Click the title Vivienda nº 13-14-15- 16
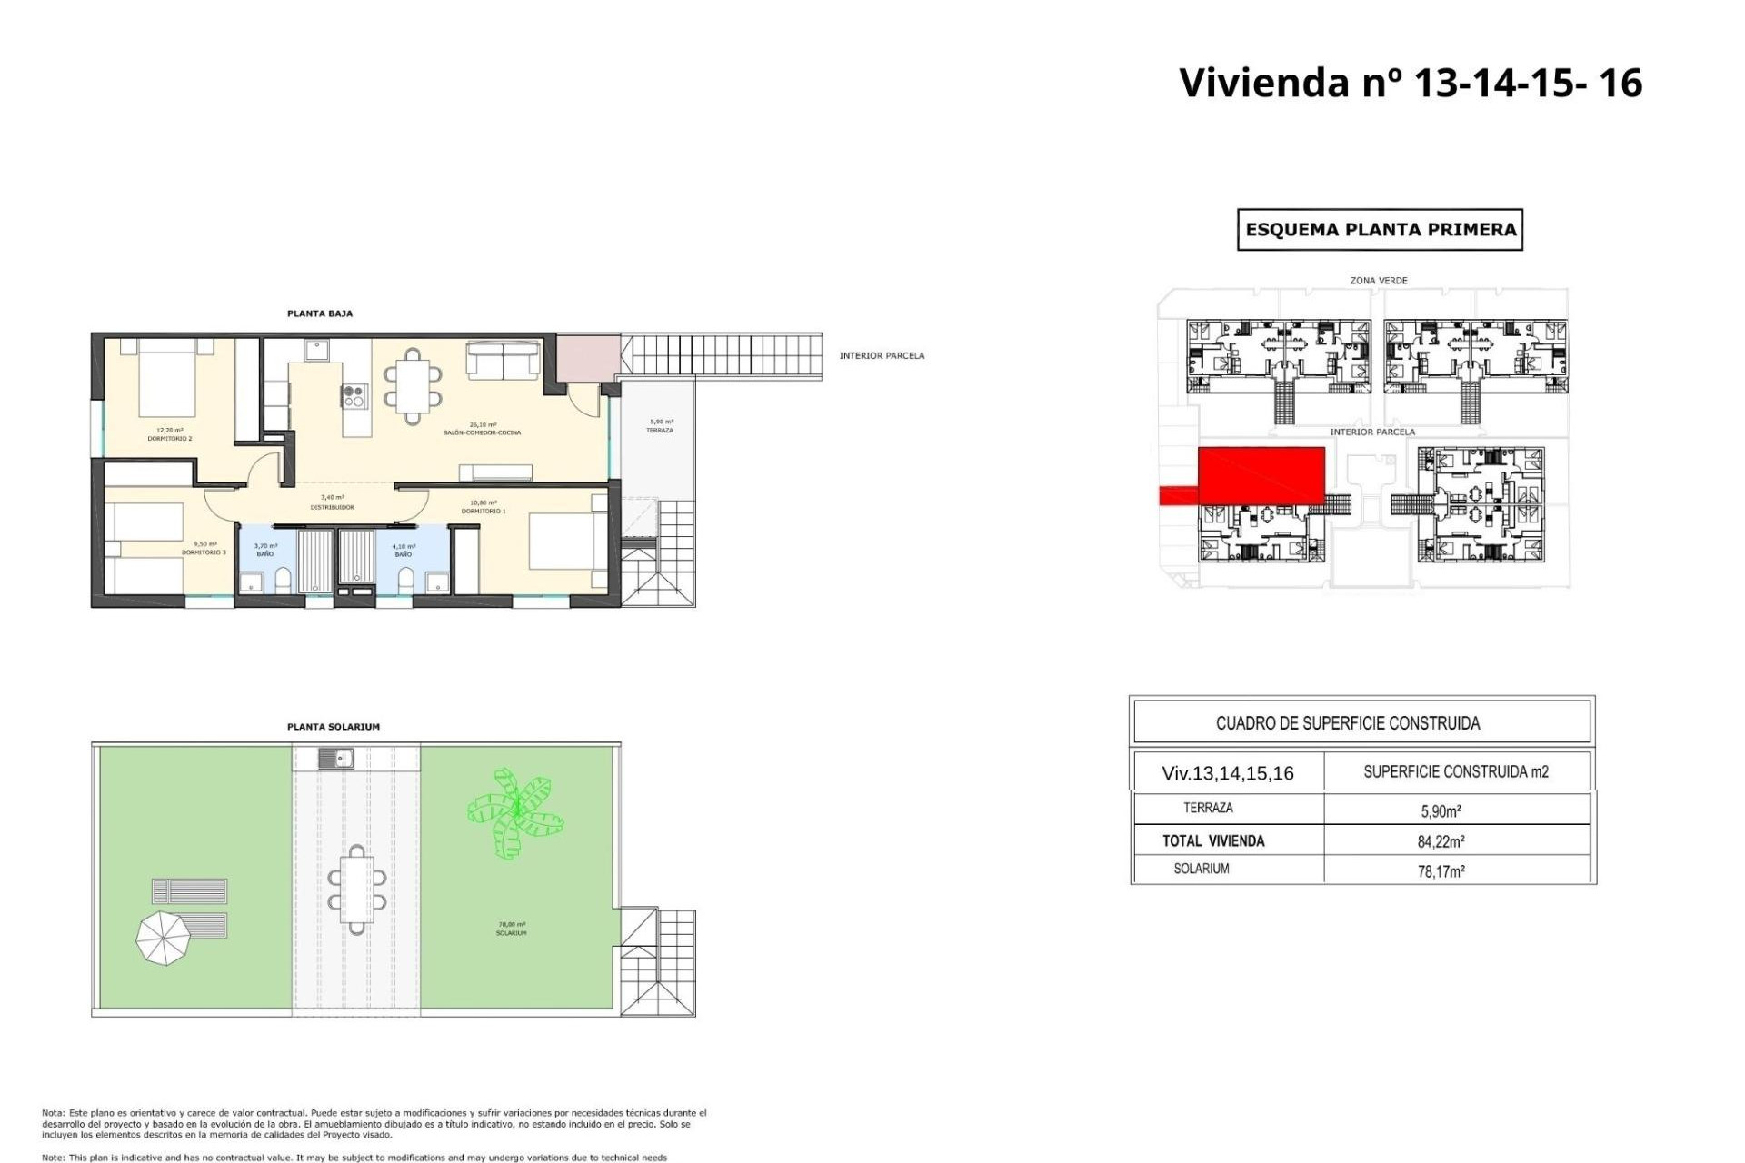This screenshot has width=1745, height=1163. (1410, 83)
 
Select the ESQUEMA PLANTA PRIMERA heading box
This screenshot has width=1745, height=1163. (1380, 230)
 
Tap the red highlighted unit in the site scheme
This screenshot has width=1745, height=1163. (1261, 474)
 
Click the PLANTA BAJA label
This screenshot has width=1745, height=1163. (320, 313)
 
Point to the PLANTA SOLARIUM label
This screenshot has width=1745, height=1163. (334, 727)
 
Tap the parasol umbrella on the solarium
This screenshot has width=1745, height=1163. (164, 938)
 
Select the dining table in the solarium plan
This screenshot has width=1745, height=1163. (357, 890)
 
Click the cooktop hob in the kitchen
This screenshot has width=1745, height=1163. (354, 396)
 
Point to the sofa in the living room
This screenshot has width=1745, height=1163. (503, 359)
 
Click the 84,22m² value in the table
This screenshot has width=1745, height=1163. (1441, 841)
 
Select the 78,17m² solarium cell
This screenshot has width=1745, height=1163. (1441, 871)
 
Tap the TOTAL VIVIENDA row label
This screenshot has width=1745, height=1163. (1213, 841)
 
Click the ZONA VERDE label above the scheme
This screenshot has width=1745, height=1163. (1378, 281)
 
